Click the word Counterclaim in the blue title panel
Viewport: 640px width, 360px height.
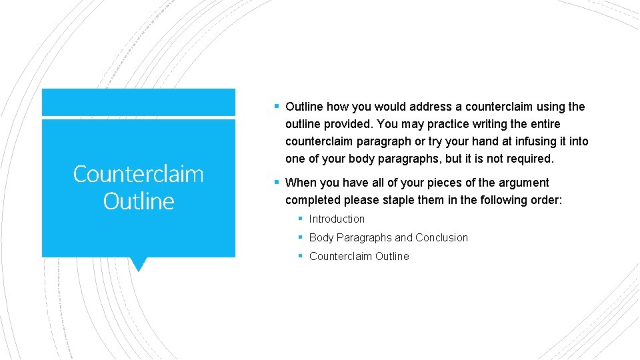pos(138,174)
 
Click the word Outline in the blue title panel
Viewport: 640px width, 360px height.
pos(139,201)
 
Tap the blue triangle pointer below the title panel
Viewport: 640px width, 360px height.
pos(139,264)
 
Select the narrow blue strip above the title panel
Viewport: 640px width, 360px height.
pos(139,102)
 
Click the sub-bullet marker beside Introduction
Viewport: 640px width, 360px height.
pos(301,219)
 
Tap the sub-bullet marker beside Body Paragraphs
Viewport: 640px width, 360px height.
pos(301,237)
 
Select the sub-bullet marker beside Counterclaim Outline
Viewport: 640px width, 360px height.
pos(301,256)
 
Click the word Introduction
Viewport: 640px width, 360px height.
pos(337,219)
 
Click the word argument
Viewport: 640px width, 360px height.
pos(525,183)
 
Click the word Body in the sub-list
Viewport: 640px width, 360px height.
pos(321,237)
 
